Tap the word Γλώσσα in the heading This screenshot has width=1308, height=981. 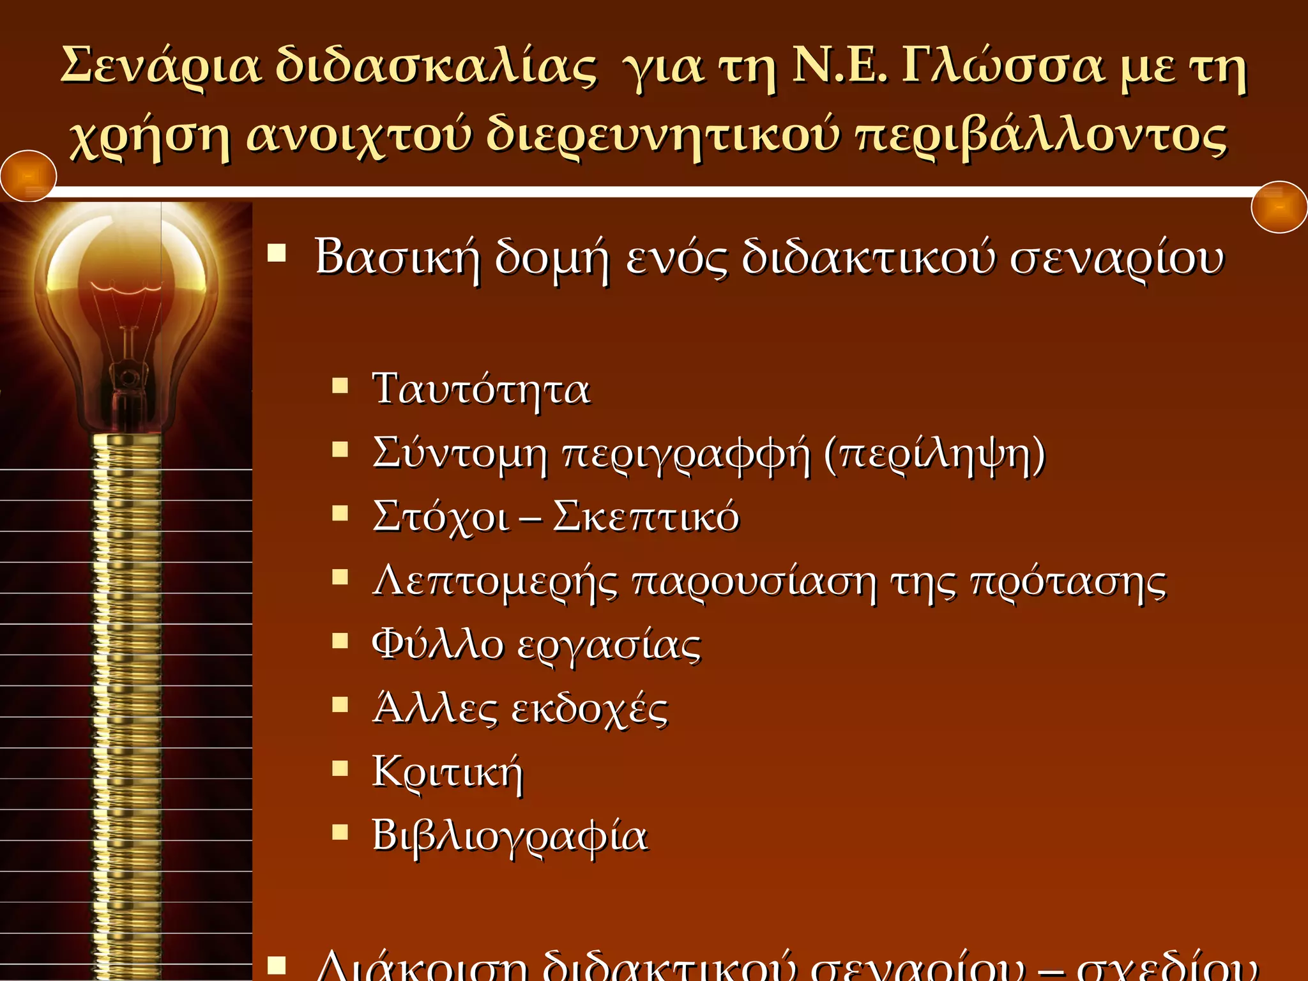(x=1003, y=66)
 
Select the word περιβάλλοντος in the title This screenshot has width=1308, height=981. (x=1041, y=135)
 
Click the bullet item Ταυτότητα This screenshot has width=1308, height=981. (x=481, y=388)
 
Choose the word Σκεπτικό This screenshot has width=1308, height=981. (x=646, y=516)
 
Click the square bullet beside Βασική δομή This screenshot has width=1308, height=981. (x=277, y=254)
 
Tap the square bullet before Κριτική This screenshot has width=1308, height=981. (x=340, y=768)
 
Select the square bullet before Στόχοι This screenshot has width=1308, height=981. (x=340, y=513)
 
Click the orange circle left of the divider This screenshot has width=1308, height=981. (x=28, y=176)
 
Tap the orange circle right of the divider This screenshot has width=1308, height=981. (x=1279, y=207)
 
